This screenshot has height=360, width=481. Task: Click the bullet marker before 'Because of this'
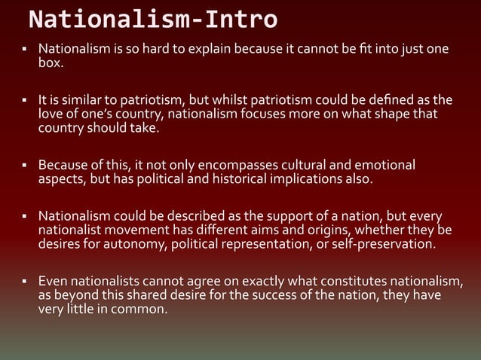click(23, 165)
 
